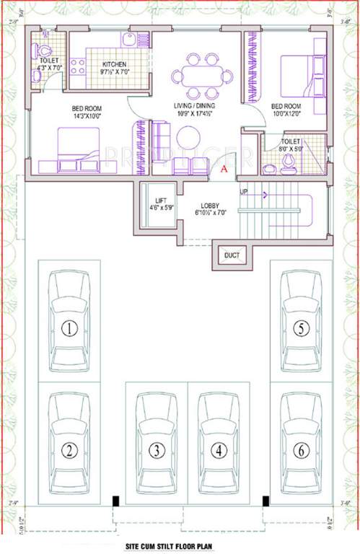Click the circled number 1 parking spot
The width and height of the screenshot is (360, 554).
tap(69, 330)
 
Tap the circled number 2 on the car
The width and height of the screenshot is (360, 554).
tap(69, 451)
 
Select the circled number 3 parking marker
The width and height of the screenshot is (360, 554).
tap(156, 451)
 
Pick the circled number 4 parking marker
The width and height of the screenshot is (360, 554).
tap(219, 451)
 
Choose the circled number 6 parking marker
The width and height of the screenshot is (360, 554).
tap(302, 451)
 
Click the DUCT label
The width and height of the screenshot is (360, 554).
tap(232, 255)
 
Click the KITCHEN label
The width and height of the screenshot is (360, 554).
tap(115, 63)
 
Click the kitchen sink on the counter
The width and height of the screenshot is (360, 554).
tap(131, 40)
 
